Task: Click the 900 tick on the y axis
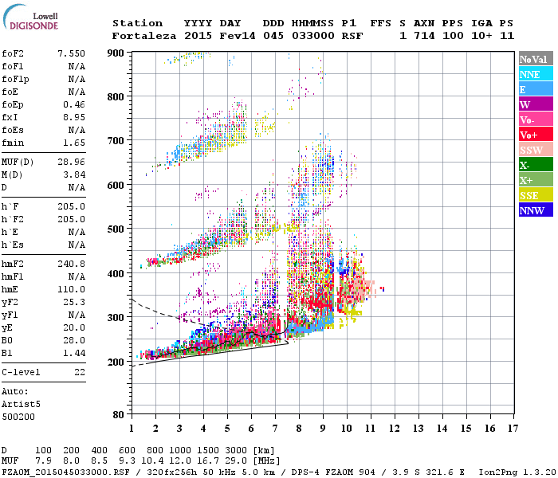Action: [116, 53]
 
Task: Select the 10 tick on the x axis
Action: [347, 428]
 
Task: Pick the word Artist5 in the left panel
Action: [18, 404]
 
